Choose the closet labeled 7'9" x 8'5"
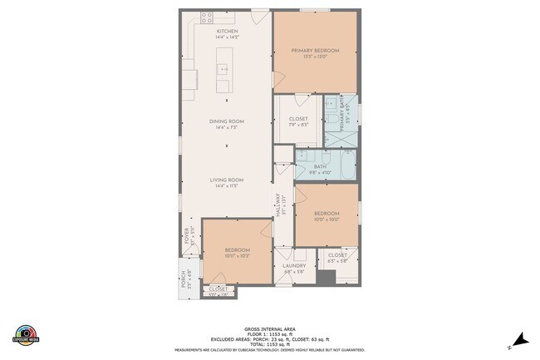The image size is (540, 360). [298, 120]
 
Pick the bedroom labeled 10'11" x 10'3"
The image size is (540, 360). [237, 250]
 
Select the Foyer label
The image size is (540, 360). [189, 237]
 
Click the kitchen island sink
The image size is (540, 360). [223, 68]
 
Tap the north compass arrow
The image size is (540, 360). [520, 338]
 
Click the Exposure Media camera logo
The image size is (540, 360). [27, 333]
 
